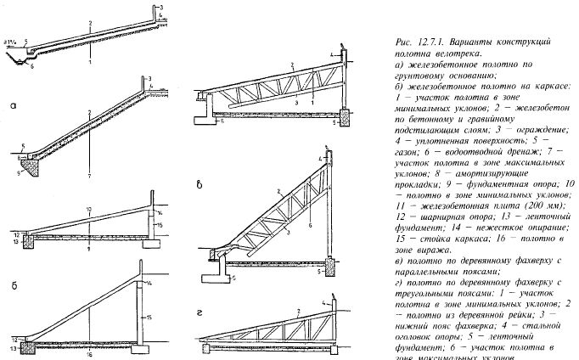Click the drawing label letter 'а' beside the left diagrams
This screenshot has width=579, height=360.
click(x=12, y=108)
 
